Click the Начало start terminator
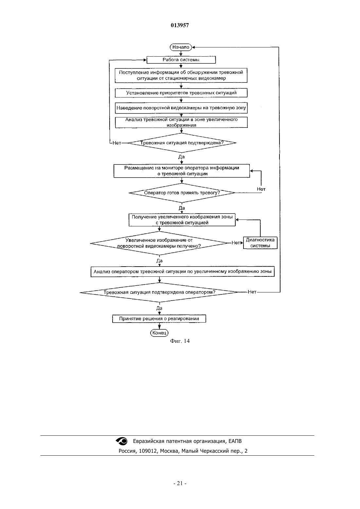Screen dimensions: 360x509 pos(181,47)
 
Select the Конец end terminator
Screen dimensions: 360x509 pos(159,333)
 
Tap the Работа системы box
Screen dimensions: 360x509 pos(181,60)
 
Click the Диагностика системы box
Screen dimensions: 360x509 pos(260,243)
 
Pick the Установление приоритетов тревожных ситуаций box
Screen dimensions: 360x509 pos(181,93)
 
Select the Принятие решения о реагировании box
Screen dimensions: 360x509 pos(159,319)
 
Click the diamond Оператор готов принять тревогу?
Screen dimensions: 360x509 pos(182,193)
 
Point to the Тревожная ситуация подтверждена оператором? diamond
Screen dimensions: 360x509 pos(159,292)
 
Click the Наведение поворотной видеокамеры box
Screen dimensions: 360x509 pos(181,108)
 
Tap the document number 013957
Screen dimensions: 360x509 pos(180,25)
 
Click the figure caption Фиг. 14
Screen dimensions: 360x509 pos(180,341)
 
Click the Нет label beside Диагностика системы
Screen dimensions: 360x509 pos(236,243)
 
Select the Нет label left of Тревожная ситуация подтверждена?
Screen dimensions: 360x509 pos(117,143)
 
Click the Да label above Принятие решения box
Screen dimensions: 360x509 pos(159,308)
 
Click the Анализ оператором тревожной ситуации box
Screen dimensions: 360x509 pos(183,272)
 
